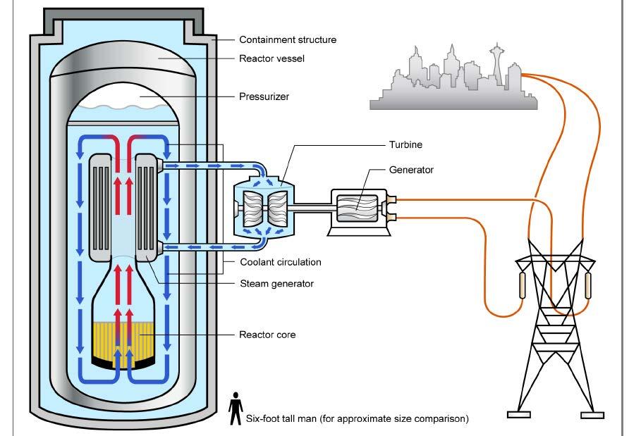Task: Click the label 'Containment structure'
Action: [287, 40]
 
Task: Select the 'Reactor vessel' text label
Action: [271, 58]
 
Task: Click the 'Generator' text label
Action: [412, 170]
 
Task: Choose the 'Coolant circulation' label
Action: [280, 262]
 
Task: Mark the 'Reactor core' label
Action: [267, 335]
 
